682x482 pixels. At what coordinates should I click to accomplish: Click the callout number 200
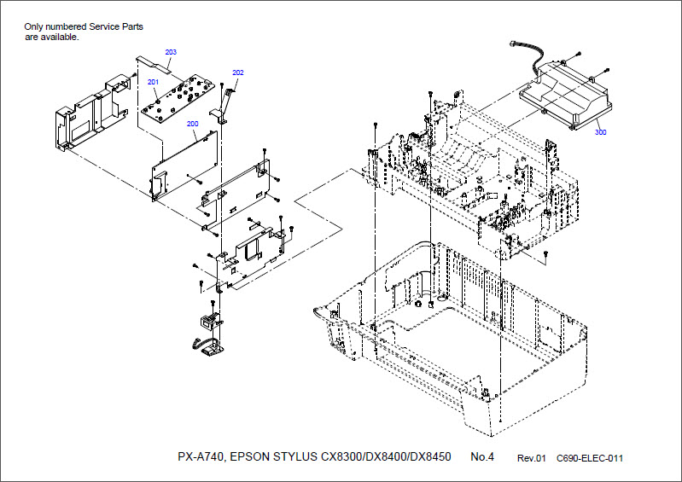[x=192, y=124]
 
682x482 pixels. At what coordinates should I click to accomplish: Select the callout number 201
[x=154, y=82]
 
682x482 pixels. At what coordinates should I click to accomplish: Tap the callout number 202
[x=238, y=73]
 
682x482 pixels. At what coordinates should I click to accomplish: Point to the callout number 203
[x=171, y=53]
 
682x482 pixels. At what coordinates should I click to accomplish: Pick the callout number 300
[x=601, y=132]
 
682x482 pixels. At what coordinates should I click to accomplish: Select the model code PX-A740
[x=201, y=457]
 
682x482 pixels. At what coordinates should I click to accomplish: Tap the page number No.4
[x=482, y=457]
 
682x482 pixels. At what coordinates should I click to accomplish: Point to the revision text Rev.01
[x=531, y=458]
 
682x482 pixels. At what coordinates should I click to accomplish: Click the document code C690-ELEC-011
[x=590, y=458]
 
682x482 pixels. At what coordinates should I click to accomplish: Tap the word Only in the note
[x=33, y=26]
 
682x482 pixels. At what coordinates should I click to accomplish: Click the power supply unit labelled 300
[x=568, y=94]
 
